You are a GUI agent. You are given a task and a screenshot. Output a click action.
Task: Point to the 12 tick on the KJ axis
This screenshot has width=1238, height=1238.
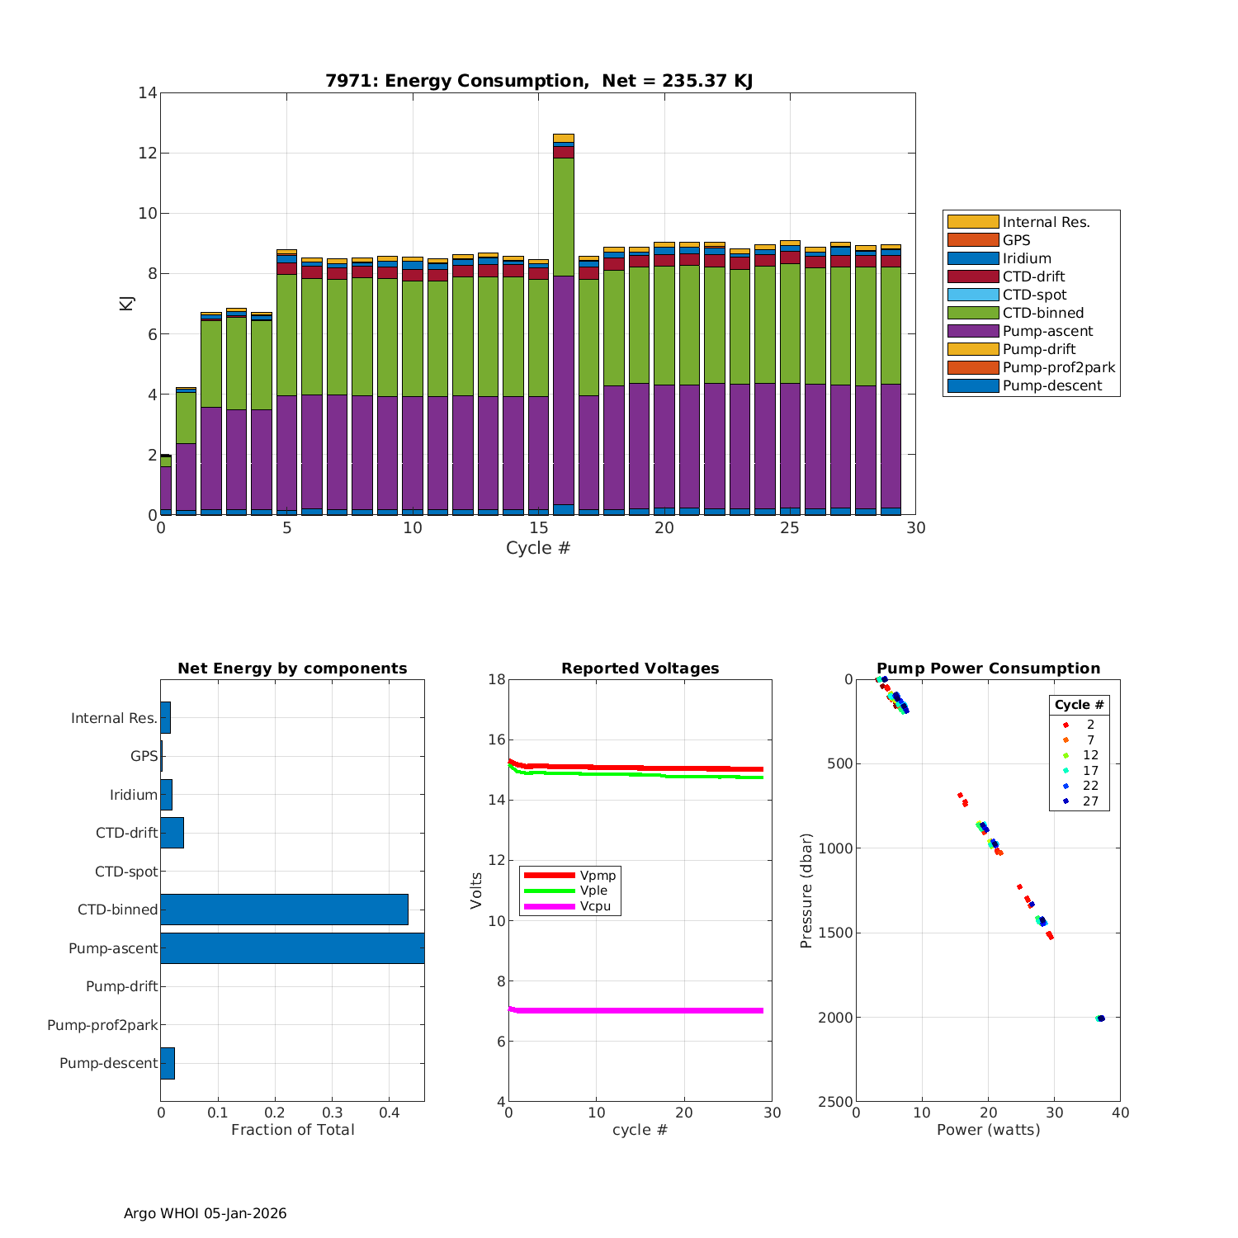tap(148, 154)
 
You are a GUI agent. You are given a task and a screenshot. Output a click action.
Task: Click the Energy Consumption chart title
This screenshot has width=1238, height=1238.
tap(538, 81)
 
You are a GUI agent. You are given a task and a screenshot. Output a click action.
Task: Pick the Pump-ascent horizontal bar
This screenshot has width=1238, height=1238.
tap(292, 948)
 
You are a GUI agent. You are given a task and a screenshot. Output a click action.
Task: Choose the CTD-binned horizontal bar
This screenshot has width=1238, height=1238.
tap(284, 910)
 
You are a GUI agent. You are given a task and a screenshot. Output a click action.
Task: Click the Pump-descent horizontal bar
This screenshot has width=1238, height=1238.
tap(168, 1063)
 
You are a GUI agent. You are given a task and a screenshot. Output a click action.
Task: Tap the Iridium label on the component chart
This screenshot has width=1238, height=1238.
tap(133, 795)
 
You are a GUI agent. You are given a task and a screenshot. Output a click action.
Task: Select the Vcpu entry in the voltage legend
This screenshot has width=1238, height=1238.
tap(595, 906)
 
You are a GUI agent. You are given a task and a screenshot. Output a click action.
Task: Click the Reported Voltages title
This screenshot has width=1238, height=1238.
tap(640, 669)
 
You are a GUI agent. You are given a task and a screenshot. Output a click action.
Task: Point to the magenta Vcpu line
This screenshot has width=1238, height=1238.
tap(636, 1010)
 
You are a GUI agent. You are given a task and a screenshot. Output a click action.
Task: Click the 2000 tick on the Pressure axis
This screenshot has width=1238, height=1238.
tap(836, 1018)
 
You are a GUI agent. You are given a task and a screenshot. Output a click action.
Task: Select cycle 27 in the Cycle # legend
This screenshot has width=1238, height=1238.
tap(1089, 801)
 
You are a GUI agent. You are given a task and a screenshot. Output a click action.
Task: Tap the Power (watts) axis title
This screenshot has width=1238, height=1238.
tap(988, 1130)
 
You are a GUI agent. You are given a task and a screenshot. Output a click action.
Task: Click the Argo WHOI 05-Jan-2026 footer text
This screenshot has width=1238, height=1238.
tap(205, 1213)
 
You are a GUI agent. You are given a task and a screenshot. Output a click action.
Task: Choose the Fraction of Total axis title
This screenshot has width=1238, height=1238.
tap(292, 1130)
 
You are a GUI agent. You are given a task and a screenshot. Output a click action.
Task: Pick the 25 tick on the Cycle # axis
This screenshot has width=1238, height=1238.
tap(790, 528)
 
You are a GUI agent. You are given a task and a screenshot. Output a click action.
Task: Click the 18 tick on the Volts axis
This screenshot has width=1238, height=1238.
tap(496, 679)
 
